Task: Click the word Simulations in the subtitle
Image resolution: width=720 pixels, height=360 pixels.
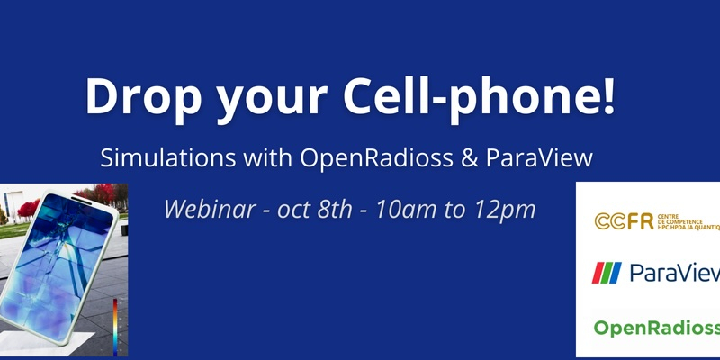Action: click(167, 158)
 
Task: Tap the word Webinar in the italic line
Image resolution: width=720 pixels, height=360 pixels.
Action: click(210, 210)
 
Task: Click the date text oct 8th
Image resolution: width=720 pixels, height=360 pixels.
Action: click(314, 210)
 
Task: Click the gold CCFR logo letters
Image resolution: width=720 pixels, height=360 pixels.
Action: click(624, 221)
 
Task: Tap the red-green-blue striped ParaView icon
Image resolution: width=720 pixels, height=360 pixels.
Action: click(606, 273)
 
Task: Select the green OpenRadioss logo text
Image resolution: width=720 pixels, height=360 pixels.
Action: click(657, 328)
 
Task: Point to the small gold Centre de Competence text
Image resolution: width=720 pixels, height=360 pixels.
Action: click(688, 221)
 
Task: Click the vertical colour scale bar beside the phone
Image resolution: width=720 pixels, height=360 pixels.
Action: click(115, 327)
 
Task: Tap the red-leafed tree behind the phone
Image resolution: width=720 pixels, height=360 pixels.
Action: click(29, 208)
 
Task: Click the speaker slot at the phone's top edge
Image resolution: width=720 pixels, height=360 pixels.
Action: click(81, 201)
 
